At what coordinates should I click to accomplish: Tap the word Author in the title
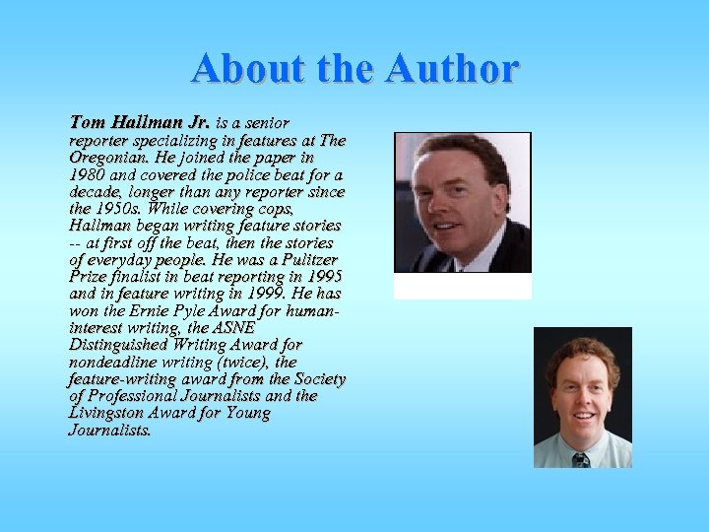point(452,69)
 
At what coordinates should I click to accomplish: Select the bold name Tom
point(87,123)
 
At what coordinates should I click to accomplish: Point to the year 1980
point(88,174)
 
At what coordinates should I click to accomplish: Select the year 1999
point(266,294)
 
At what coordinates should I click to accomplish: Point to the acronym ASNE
point(233,328)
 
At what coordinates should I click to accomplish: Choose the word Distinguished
point(118,345)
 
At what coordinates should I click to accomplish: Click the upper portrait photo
point(462,202)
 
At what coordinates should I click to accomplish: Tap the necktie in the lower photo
point(581,459)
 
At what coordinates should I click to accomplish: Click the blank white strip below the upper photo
point(462,286)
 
